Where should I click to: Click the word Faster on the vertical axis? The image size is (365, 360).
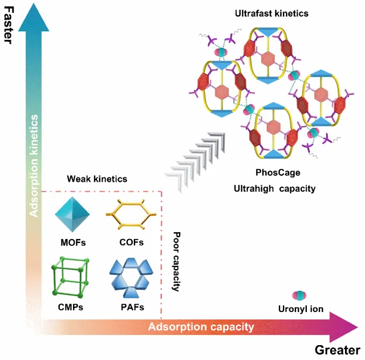click(9, 25)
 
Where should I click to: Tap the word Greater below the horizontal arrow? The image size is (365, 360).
click(338, 350)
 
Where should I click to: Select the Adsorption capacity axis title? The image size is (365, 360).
click(201, 327)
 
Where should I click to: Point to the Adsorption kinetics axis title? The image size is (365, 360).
click(34, 166)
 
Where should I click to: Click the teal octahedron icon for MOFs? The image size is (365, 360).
click(72, 215)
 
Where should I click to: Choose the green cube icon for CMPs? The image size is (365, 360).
click(70, 277)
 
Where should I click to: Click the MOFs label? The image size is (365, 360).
click(73, 242)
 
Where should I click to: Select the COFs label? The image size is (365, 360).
click(132, 242)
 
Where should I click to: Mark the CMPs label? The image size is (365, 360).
click(71, 307)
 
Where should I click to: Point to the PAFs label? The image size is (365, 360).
click(132, 307)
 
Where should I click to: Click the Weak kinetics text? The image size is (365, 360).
click(97, 179)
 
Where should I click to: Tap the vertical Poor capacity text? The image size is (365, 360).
click(177, 261)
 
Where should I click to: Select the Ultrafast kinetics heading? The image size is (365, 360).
click(271, 13)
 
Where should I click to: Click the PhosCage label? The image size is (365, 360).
click(278, 172)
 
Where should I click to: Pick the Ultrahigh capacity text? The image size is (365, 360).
click(275, 189)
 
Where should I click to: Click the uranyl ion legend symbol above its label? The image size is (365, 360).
click(299, 296)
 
